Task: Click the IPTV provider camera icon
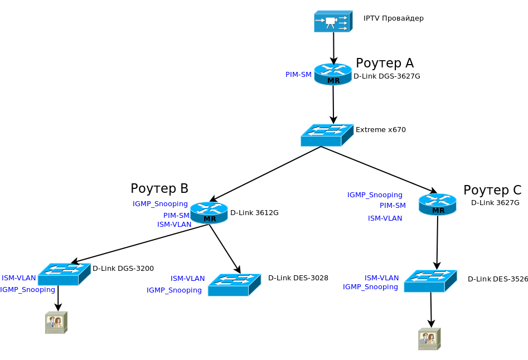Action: tap(333, 21)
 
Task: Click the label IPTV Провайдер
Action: tap(393, 18)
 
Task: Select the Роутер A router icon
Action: tap(333, 74)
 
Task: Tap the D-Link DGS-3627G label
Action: tap(386, 76)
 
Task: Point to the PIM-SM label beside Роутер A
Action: tap(298, 75)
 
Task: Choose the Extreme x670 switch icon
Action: tap(327, 135)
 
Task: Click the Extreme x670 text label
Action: tap(380, 130)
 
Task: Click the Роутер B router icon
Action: tap(209, 212)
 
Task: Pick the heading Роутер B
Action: tap(159, 188)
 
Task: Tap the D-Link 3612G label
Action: tap(254, 212)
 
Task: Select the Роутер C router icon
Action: tap(438, 204)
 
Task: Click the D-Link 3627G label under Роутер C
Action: tap(495, 202)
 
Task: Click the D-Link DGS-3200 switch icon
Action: tap(64, 274)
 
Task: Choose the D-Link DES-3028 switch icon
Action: tap(234, 284)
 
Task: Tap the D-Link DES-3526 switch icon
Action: tap(430, 281)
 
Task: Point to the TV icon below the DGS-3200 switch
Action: tap(56, 323)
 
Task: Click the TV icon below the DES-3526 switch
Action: tap(429, 339)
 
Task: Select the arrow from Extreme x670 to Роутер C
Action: tap(379, 169)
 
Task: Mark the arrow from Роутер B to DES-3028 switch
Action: tap(224, 248)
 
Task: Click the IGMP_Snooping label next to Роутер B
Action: tap(160, 203)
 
